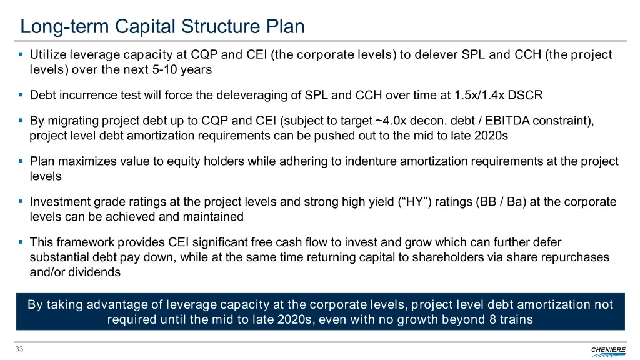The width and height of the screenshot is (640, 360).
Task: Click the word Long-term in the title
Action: coord(64,26)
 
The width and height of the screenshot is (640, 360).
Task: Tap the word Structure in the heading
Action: coord(221,26)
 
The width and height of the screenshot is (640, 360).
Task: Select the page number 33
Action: coord(19,349)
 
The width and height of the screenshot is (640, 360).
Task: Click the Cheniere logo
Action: coord(608,351)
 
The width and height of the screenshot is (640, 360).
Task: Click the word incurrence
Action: coord(89,95)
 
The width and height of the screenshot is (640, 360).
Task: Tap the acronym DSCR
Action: coord(525,95)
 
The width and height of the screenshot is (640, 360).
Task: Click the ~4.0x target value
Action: coord(391,121)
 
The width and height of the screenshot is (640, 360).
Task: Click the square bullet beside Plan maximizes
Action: coord(21,161)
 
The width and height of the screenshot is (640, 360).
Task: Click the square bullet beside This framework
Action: coord(21,242)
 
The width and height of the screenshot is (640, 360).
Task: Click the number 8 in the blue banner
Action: coord(492,319)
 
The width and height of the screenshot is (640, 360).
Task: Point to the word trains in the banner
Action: coord(516,319)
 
